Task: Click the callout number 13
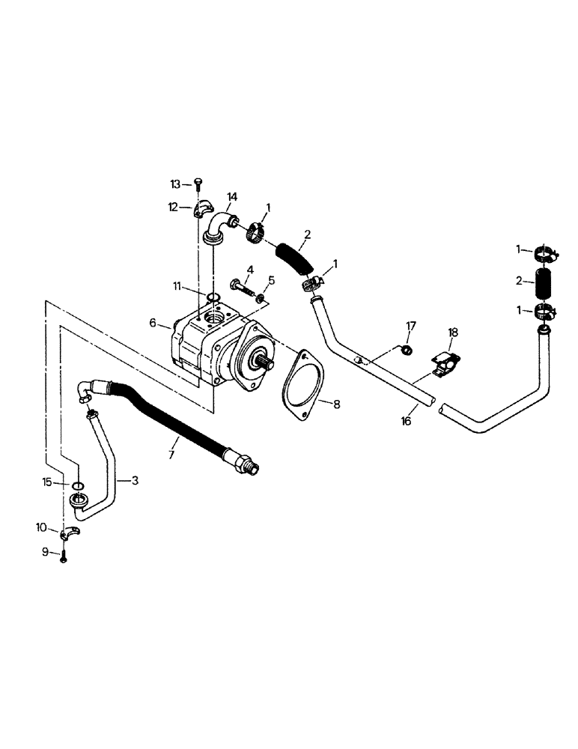(x=175, y=184)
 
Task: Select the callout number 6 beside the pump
(x=153, y=323)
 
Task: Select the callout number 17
(x=410, y=326)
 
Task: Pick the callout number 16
(x=407, y=422)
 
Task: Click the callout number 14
(x=232, y=196)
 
